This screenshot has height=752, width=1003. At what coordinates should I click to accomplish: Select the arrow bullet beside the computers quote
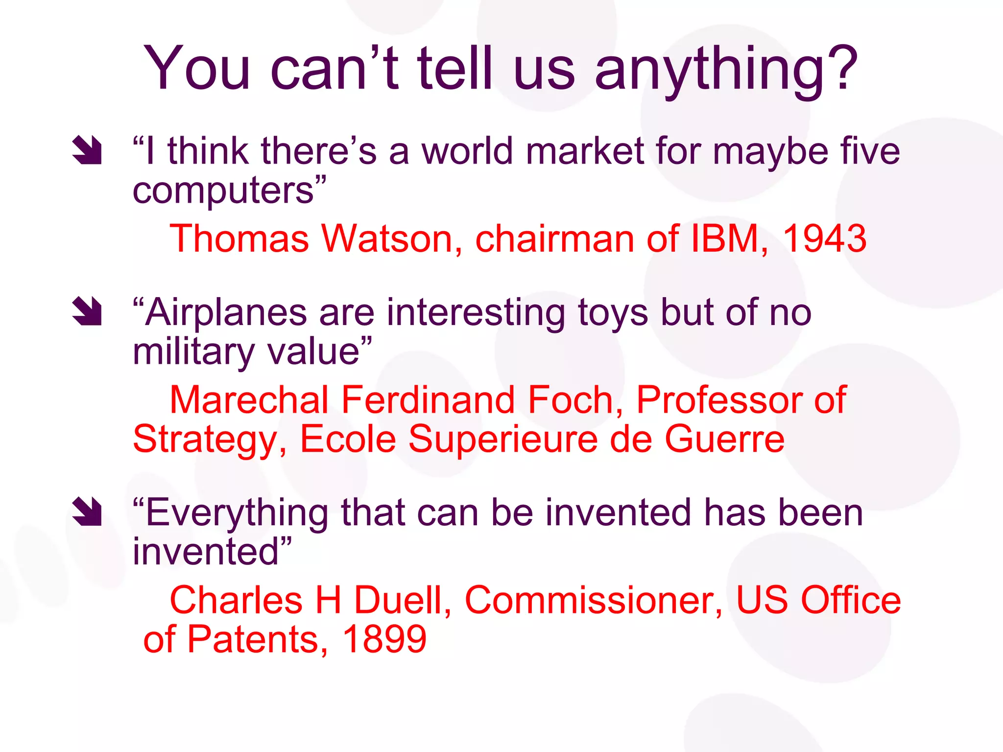[87, 150]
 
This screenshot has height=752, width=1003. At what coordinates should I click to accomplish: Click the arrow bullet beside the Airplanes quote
[87, 311]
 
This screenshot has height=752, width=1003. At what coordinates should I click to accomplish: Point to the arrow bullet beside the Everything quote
[87, 512]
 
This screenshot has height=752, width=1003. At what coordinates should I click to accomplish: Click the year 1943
[825, 239]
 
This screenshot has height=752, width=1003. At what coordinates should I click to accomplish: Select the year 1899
[384, 639]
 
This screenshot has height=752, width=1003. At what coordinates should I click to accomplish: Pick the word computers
[223, 191]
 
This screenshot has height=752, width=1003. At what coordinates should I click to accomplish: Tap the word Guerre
[724, 439]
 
